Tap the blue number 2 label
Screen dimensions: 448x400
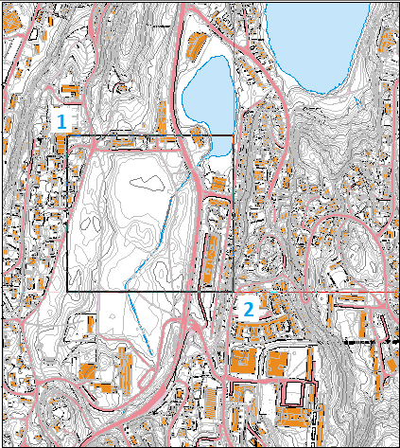coord(248,308)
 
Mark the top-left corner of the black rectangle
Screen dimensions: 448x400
coord(67,135)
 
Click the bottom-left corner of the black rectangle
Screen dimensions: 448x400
coord(67,292)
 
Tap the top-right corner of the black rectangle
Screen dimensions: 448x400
coord(233,135)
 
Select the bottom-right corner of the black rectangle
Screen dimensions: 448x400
coord(233,292)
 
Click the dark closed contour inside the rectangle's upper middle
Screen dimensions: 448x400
coord(144,182)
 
